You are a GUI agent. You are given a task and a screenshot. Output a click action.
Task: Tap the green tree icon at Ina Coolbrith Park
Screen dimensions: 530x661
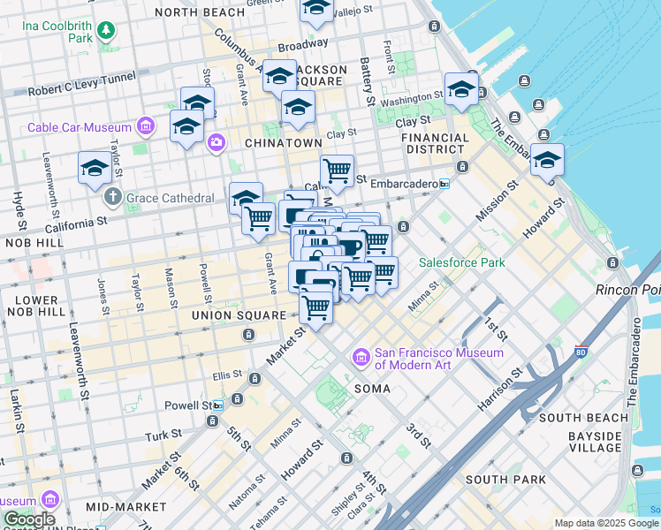(106, 32)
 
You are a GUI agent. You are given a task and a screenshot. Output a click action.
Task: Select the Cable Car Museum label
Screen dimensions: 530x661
(80, 127)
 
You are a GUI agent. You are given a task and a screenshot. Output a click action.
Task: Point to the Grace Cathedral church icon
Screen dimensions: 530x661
(112, 195)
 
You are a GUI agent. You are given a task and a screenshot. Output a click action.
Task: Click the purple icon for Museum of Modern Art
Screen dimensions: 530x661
(361, 358)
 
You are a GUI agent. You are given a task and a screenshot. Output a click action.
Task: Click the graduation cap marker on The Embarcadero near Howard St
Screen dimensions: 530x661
(547, 161)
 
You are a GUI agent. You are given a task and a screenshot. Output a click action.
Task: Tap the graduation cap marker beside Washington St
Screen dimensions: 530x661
(461, 89)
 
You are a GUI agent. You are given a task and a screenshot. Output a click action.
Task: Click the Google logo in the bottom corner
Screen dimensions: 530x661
(29, 519)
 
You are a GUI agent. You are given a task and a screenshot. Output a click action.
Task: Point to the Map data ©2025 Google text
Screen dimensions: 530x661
(606, 524)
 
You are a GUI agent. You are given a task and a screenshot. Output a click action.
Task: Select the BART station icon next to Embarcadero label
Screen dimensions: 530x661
(444, 184)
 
